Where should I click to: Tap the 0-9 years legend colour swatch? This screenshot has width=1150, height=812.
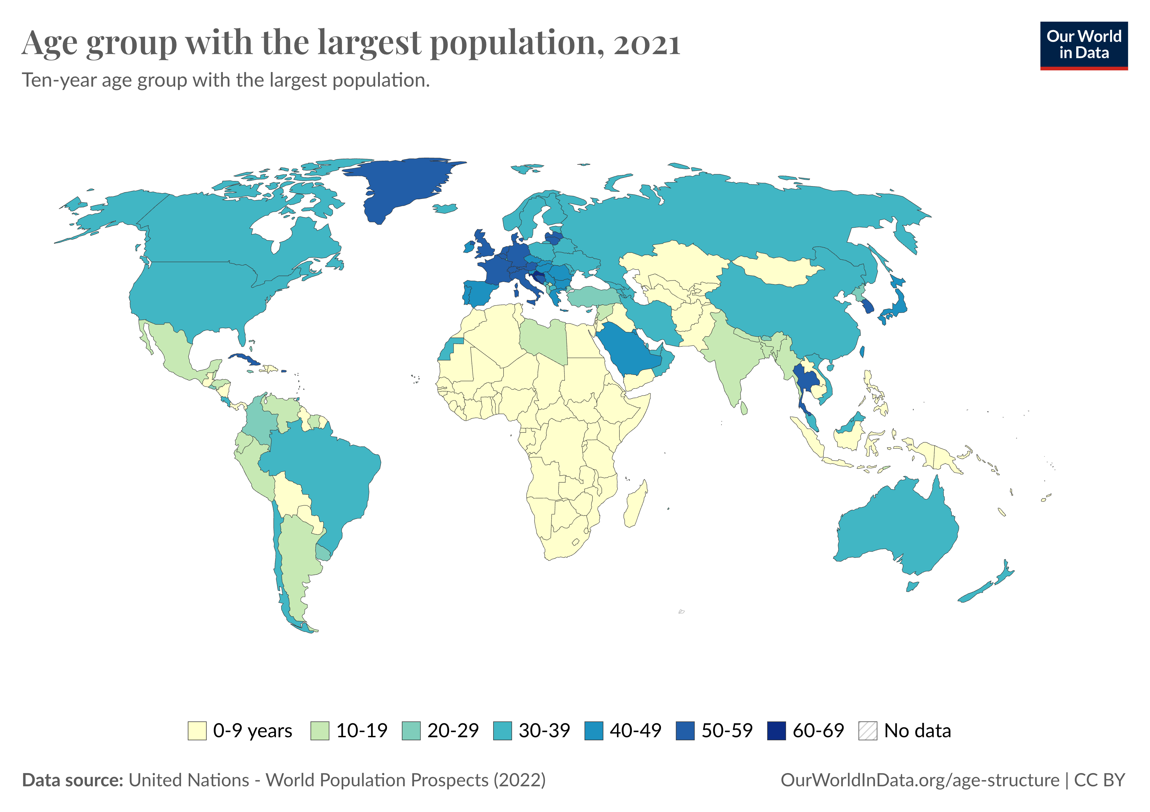click(197, 730)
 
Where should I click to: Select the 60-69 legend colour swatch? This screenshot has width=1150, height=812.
click(776, 730)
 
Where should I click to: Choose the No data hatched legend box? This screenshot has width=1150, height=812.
click(868, 730)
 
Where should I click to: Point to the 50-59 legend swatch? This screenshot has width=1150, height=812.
click(685, 730)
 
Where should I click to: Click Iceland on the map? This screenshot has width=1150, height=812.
click(445, 208)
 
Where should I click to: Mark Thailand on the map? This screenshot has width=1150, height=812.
click(804, 381)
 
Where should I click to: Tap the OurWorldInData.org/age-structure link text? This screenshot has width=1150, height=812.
click(920, 780)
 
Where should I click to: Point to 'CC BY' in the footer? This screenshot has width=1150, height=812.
click(1099, 780)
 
